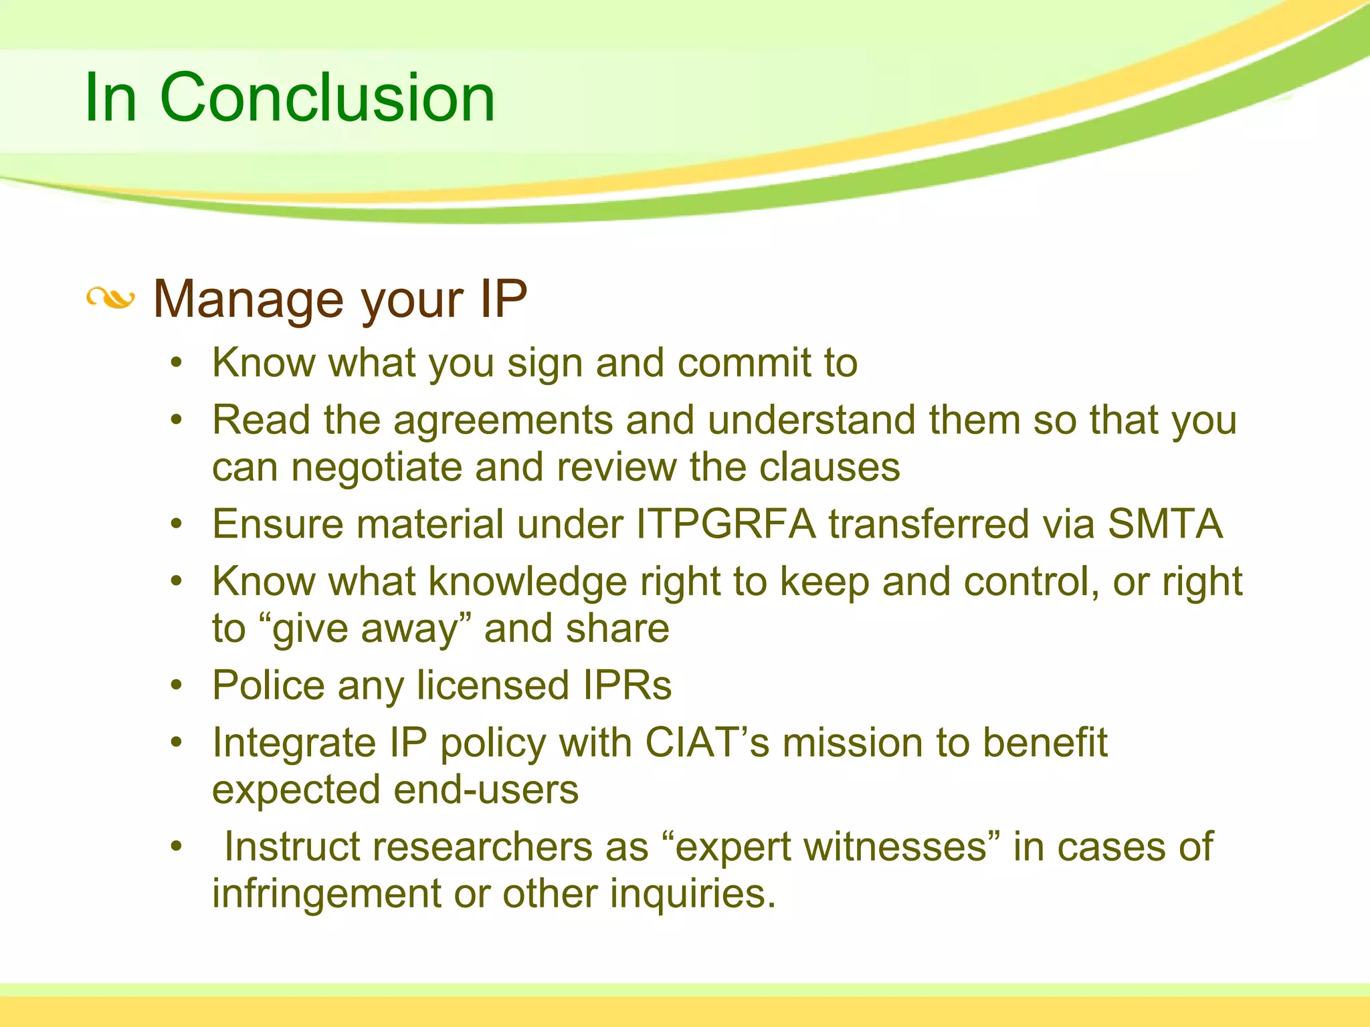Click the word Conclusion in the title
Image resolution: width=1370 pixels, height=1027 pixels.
pyautogui.click(x=327, y=98)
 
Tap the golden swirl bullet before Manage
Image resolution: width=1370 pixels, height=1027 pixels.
pyautogui.click(x=110, y=298)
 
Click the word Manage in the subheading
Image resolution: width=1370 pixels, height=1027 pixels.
pyautogui.click(x=248, y=299)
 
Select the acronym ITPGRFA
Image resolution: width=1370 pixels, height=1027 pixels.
pyautogui.click(x=726, y=524)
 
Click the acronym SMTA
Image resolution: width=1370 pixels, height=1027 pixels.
pyautogui.click(x=1165, y=524)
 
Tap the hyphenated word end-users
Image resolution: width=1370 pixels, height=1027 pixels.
pyautogui.click(x=486, y=790)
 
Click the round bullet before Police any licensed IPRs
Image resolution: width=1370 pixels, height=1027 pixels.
pyautogui.click(x=176, y=685)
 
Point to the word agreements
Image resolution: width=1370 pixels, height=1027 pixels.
pyautogui.click(x=503, y=421)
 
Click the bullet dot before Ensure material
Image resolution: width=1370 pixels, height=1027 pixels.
pyautogui.click(x=176, y=524)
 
